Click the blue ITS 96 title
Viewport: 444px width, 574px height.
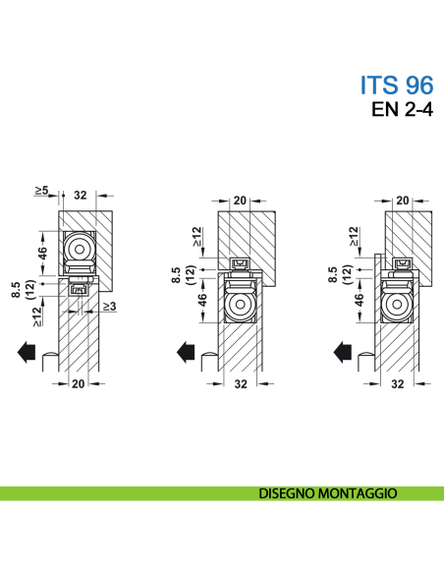click(x=397, y=85)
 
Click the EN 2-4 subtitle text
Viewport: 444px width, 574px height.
click(x=403, y=109)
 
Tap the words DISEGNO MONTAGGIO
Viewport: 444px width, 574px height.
click(x=328, y=493)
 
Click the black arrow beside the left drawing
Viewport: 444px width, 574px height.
click(x=27, y=352)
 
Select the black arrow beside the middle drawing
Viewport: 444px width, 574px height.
click(x=186, y=352)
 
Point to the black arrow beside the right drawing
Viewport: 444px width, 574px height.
click(x=343, y=352)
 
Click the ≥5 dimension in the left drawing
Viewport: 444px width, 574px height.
click(x=41, y=191)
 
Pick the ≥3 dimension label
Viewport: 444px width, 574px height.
click(x=109, y=306)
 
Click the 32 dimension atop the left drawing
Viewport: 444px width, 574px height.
click(x=81, y=196)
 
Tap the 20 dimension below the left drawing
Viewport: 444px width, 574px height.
click(x=79, y=384)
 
